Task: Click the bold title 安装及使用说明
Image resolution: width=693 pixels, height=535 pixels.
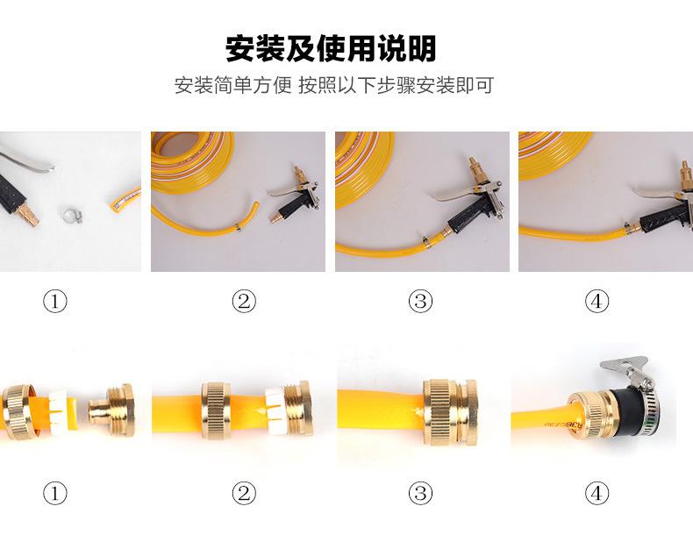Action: coord(331,48)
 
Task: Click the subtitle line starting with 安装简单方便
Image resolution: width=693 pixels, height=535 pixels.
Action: coord(334,85)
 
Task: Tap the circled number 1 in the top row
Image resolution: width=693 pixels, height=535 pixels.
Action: coord(55,302)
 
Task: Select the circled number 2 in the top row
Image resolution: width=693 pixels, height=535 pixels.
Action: coord(244,302)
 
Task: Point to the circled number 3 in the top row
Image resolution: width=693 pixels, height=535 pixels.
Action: coord(420,302)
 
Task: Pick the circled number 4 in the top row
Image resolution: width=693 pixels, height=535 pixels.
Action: coord(597,302)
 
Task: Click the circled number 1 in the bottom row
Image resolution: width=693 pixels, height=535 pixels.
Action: coord(55,493)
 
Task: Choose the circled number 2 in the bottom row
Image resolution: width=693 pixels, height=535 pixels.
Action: coord(244,493)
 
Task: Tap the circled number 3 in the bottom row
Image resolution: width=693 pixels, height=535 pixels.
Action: coord(420,493)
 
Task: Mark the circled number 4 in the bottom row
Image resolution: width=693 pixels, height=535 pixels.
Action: coord(597,493)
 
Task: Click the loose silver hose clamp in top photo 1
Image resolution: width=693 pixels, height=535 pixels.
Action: coord(72,215)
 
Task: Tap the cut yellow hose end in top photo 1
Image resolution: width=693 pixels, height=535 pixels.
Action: coord(124,200)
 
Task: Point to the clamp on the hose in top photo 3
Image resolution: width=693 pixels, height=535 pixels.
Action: coord(425,241)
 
